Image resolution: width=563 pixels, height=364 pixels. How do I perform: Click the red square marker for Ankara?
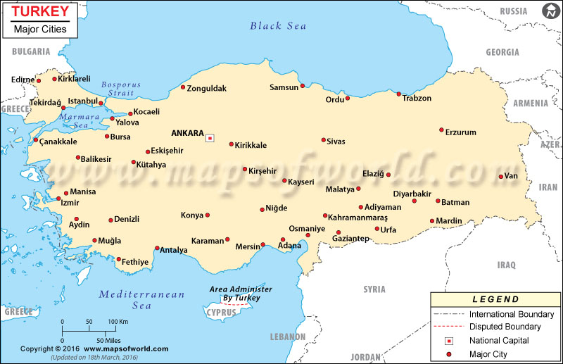210,138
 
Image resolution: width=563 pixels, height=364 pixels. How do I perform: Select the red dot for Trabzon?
399,94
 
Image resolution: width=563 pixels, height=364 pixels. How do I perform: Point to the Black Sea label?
278,26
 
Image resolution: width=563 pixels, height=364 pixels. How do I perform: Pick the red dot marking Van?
500,177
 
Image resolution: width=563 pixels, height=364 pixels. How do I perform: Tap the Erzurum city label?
461,132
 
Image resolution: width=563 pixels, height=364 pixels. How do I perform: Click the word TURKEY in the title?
40,11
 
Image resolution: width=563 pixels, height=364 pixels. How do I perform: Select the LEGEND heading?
495,299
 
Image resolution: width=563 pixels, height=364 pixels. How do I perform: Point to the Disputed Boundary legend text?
505,327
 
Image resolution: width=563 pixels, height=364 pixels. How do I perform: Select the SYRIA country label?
374,289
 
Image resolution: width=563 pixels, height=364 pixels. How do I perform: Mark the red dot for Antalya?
157,248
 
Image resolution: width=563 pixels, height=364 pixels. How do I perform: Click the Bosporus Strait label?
120,89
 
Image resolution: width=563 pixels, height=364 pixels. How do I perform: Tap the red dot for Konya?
208,215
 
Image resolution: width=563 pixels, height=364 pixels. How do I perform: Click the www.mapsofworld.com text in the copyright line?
126,349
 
